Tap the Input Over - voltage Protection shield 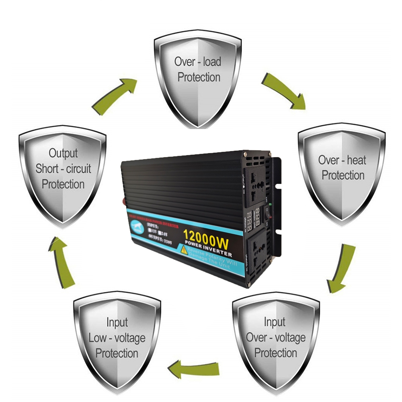[276, 342]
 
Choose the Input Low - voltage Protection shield [117, 342]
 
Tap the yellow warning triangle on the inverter [184, 250]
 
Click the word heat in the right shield [356, 160]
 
